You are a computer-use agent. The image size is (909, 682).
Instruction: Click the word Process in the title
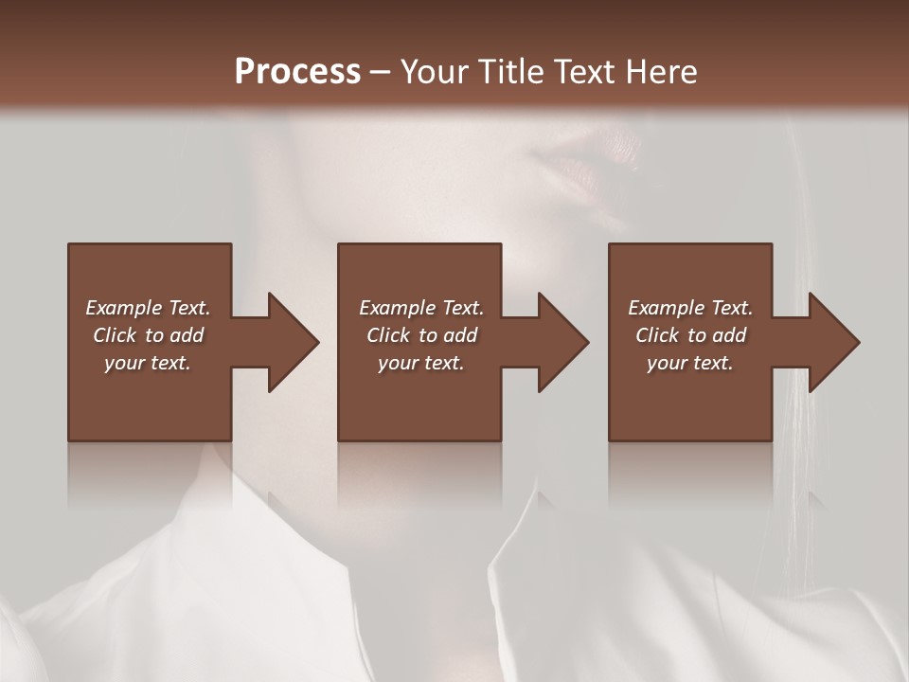pos(297,72)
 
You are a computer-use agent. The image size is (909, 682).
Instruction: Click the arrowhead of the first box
pos(288,342)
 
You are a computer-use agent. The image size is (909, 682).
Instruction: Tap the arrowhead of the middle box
pos(558,342)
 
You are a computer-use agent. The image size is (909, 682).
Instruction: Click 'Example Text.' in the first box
pos(148,308)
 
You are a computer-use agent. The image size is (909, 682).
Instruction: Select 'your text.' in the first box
pos(148,363)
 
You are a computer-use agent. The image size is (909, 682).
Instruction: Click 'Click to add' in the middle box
pos(421,335)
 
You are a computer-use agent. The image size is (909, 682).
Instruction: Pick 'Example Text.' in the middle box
pos(421,308)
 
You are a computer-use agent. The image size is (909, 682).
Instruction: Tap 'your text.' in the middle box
pos(421,363)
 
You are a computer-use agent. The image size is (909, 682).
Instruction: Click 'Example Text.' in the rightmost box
pos(690,308)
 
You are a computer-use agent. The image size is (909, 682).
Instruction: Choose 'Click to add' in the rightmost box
pos(690,335)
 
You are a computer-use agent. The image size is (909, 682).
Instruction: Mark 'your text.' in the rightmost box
pos(690,363)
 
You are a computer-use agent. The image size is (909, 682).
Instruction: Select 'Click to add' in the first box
pos(148,335)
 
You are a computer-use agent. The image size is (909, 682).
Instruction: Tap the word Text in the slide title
pos(580,72)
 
